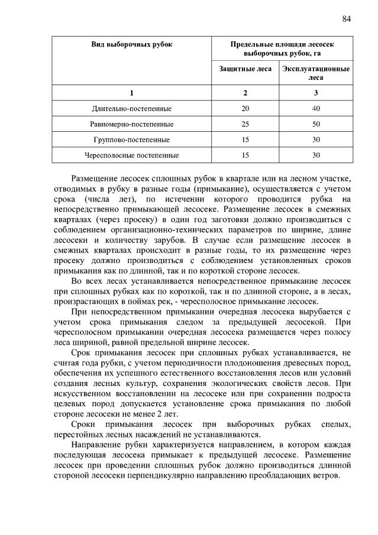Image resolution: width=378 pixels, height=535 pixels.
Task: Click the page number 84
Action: pyautogui.click(x=347, y=18)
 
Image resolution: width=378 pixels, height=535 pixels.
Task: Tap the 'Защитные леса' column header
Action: pyautogui.click(x=245, y=69)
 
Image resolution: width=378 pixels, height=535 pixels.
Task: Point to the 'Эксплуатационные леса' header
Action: pyautogui.click(x=316, y=73)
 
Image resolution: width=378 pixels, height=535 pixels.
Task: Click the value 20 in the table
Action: pyautogui.click(x=245, y=109)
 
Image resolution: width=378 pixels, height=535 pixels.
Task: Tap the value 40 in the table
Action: pyautogui.click(x=316, y=109)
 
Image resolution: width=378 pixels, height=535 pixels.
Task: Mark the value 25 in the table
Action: pyautogui.click(x=245, y=124)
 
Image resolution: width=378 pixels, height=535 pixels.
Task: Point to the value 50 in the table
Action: pyautogui.click(x=316, y=124)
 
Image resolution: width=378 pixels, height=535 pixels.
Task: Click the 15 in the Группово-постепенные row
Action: pyautogui.click(x=245, y=140)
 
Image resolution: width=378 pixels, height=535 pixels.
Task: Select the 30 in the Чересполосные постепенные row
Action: pyautogui.click(x=316, y=155)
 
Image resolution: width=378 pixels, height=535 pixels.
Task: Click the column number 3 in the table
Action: pyautogui.click(x=316, y=93)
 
